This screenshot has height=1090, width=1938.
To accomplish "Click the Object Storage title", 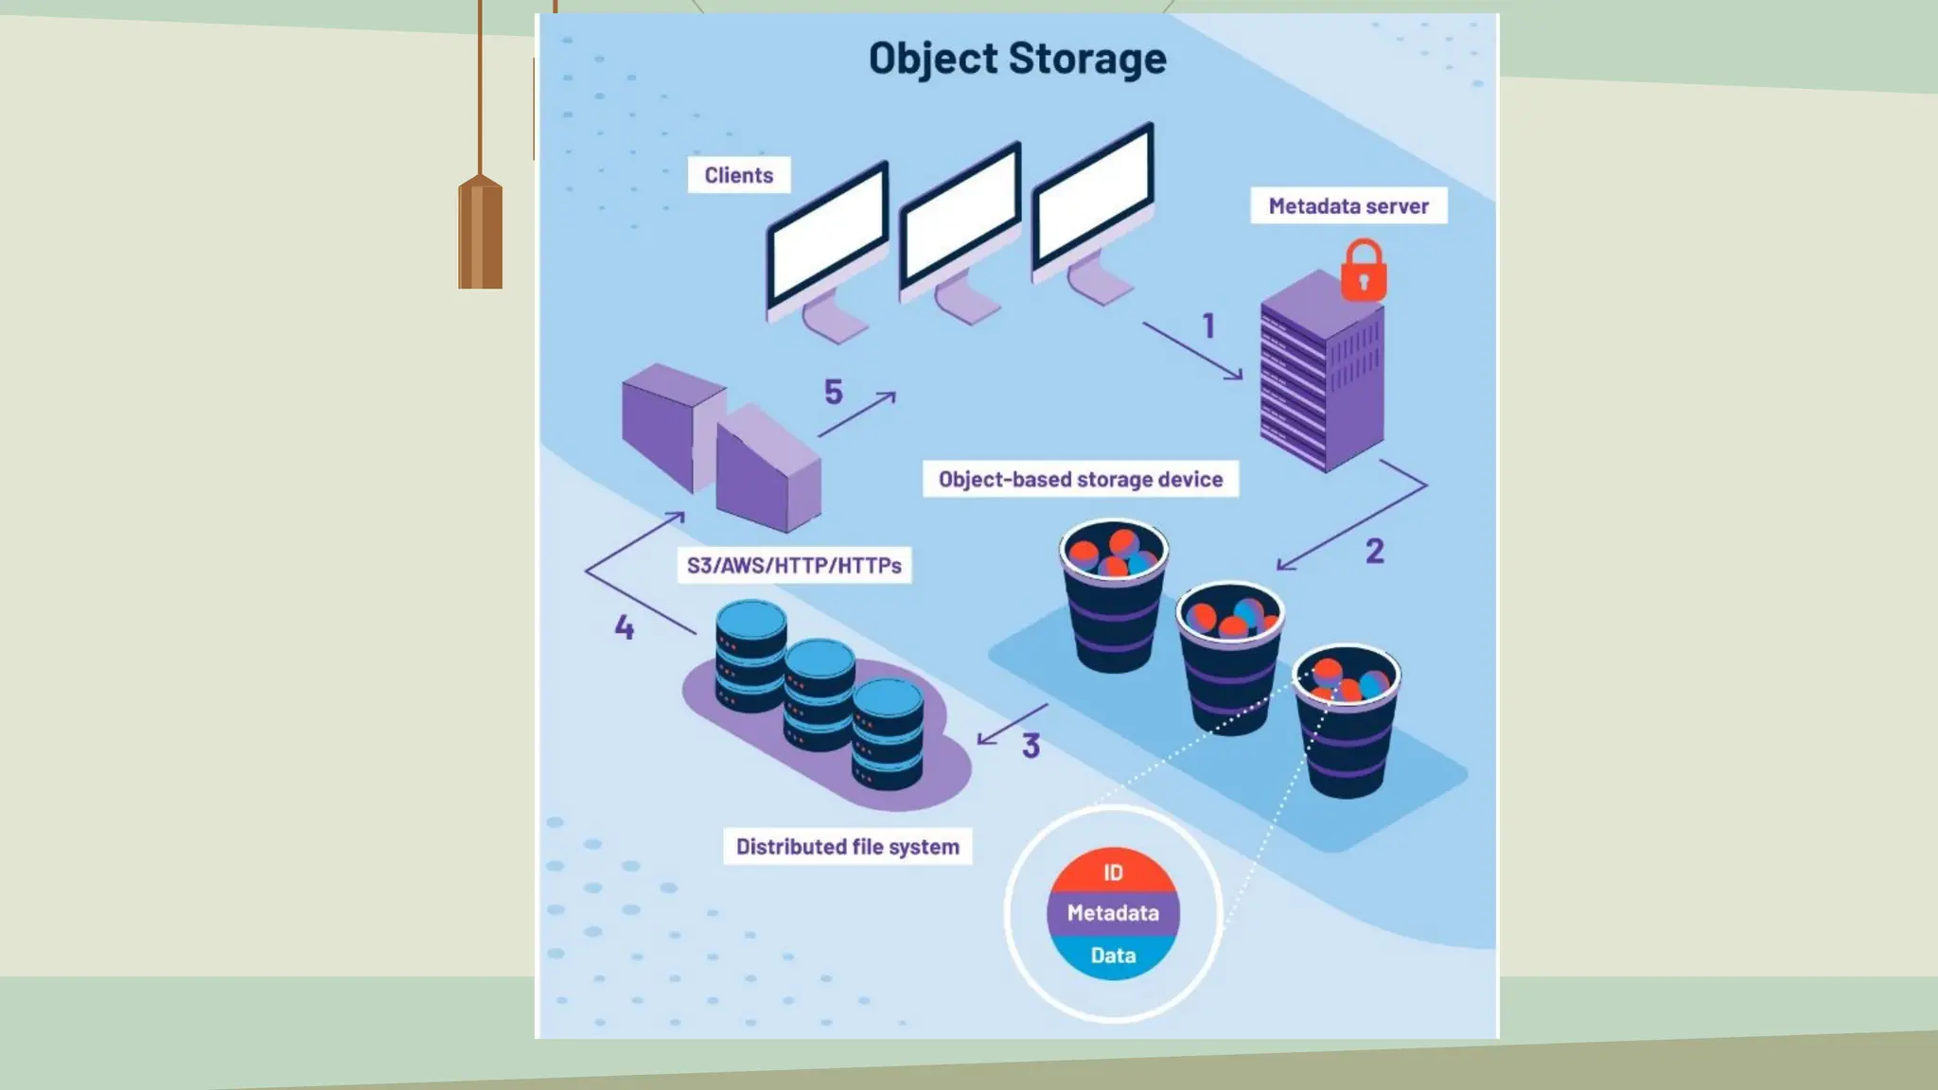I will (x=1017, y=59).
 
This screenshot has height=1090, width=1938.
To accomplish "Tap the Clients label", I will (x=739, y=175).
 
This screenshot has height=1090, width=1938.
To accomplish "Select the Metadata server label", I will (x=1348, y=206).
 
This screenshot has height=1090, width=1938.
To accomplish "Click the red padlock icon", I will (x=1364, y=272).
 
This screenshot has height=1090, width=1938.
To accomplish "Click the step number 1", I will (x=1208, y=326).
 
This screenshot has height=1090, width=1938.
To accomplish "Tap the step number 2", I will (x=1374, y=551).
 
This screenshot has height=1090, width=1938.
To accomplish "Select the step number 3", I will (x=1031, y=746).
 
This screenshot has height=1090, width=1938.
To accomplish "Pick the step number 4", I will (x=625, y=627).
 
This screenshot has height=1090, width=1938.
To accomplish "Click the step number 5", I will (x=833, y=392).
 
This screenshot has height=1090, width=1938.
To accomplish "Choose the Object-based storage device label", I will (x=1081, y=480).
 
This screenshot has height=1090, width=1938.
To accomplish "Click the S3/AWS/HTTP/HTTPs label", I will (x=794, y=566).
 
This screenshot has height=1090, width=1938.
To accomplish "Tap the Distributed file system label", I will (x=848, y=847).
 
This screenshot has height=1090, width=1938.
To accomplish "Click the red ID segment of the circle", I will (x=1113, y=871).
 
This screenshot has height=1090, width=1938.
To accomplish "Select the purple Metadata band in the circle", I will (x=1113, y=913).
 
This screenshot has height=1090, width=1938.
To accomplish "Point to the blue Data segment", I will (x=1113, y=956).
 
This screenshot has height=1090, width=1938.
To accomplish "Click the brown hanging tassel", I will (x=481, y=232).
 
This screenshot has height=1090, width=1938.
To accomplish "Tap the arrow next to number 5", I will (x=857, y=414).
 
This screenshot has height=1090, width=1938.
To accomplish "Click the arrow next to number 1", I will (x=1192, y=351).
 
